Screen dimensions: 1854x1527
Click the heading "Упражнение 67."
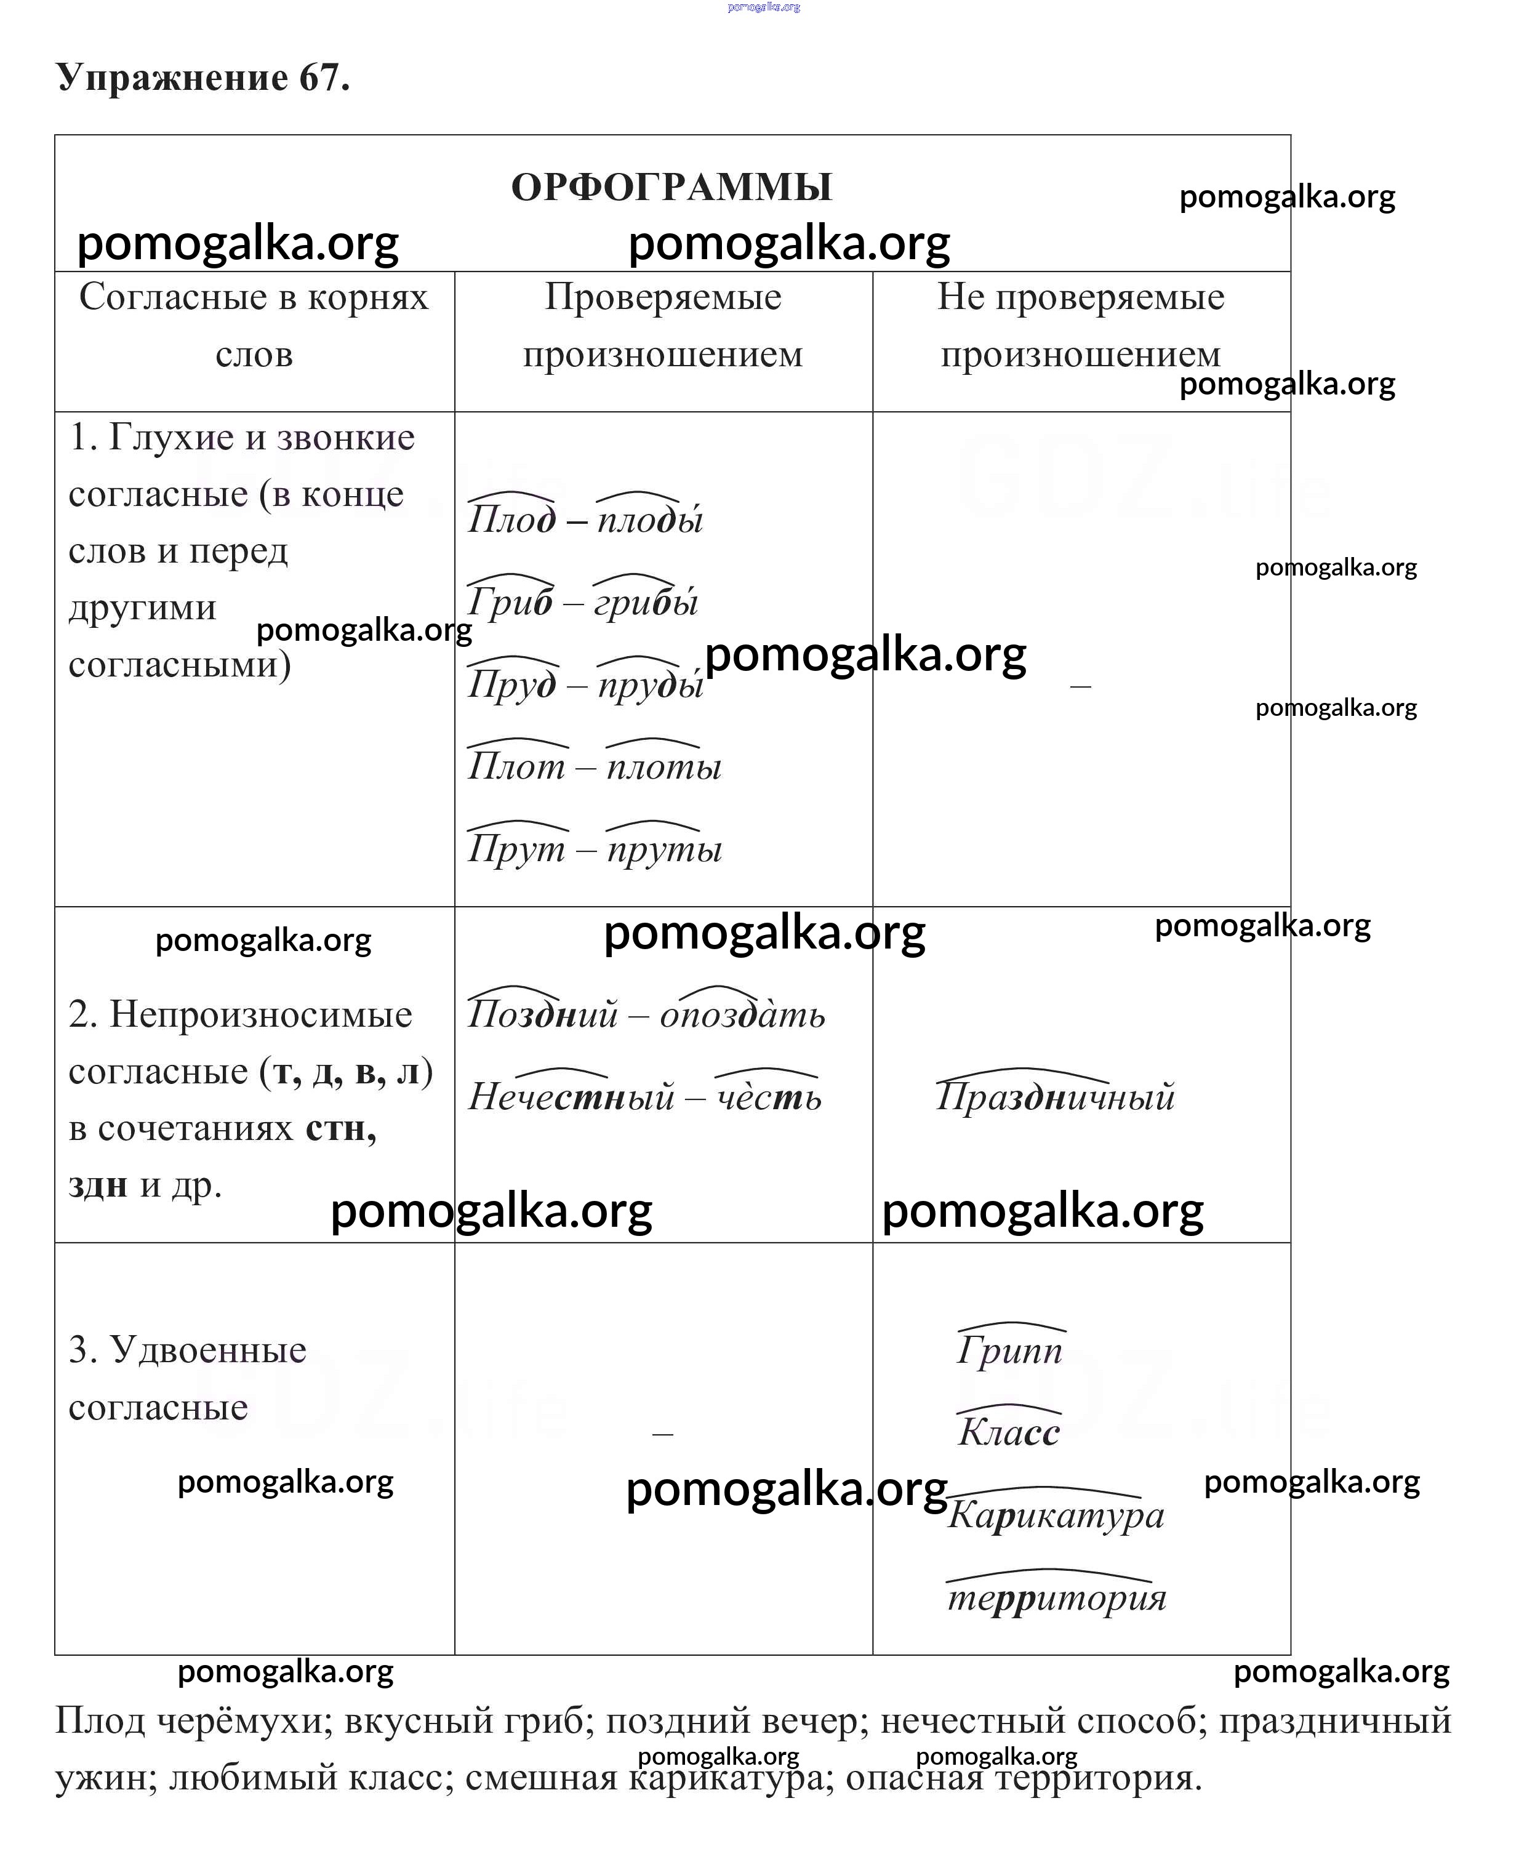(x=203, y=78)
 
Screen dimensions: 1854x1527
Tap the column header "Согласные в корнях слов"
(x=254, y=326)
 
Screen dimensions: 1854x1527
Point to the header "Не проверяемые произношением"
(x=1080, y=326)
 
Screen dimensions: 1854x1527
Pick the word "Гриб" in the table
(x=510, y=603)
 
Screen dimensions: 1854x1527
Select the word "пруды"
(x=651, y=684)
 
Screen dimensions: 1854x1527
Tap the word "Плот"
(x=516, y=767)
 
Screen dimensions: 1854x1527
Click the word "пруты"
(x=664, y=849)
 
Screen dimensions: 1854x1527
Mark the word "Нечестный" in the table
(x=571, y=1097)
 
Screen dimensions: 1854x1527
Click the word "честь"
(x=769, y=1097)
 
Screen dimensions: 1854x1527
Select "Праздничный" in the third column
(x=1055, y=1097)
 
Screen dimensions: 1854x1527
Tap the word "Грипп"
(x=1010, y=1350)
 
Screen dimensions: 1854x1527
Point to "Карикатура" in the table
(x=1056, y=1514)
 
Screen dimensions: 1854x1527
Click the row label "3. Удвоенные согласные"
(x=187, y=1378)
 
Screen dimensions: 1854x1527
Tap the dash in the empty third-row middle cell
(x=662, y=1434)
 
